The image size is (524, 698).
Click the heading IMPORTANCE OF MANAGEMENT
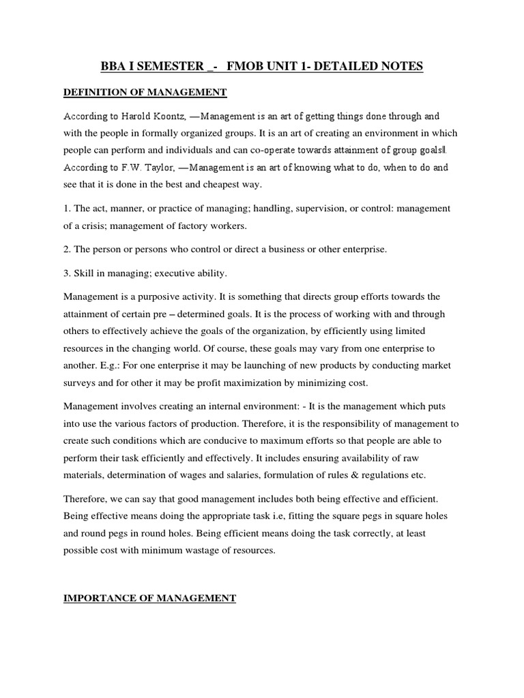tap(149, 598)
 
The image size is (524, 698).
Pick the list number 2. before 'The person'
tap(67, 249)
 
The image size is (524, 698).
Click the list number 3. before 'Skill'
tap(67, 273)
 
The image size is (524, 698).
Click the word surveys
tap(81, 382)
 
